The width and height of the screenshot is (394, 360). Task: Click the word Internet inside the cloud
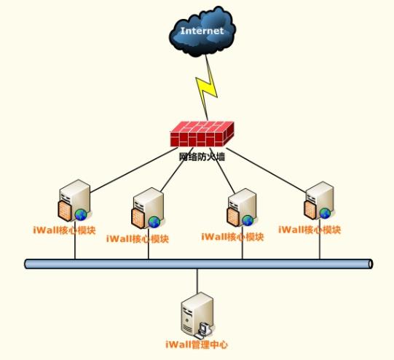click(x=202, y=31)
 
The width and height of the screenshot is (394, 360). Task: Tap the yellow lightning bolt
click(x=207, y=87)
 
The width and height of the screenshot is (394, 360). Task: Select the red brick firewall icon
click(x=202, y=134)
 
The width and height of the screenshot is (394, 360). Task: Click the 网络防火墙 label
click(x=202, y=157)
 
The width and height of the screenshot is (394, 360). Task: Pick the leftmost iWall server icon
click(x=74, y=200)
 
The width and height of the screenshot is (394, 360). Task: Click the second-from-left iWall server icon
click(x=148, y=208)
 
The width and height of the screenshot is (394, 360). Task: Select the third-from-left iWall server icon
click(x=242, y=208)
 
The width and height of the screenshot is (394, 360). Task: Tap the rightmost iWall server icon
click(x=319, y=200)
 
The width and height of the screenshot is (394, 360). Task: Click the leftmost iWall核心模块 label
click(x=64, y=230)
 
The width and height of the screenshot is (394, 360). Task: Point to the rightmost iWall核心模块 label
click(x=310, y=230)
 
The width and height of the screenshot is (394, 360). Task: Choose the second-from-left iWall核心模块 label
click(x=138, y=238)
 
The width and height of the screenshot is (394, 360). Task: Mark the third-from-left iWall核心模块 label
click(x=232, y=237)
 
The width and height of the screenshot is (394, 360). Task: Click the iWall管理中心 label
click(x=197, y=344)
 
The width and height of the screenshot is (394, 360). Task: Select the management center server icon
click(x=197, y=316)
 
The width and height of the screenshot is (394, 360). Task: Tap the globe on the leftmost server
click(x=81, y=215)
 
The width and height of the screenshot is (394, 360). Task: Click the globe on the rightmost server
click(x=325, y=214)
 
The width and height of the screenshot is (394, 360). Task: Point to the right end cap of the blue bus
click(x=371, y=264)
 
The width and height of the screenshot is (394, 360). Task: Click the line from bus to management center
click(x=197, y=281)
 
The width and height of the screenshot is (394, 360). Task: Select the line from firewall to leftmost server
click(x=134, y=171)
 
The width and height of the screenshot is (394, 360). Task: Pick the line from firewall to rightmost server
click(x=267, y=171)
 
